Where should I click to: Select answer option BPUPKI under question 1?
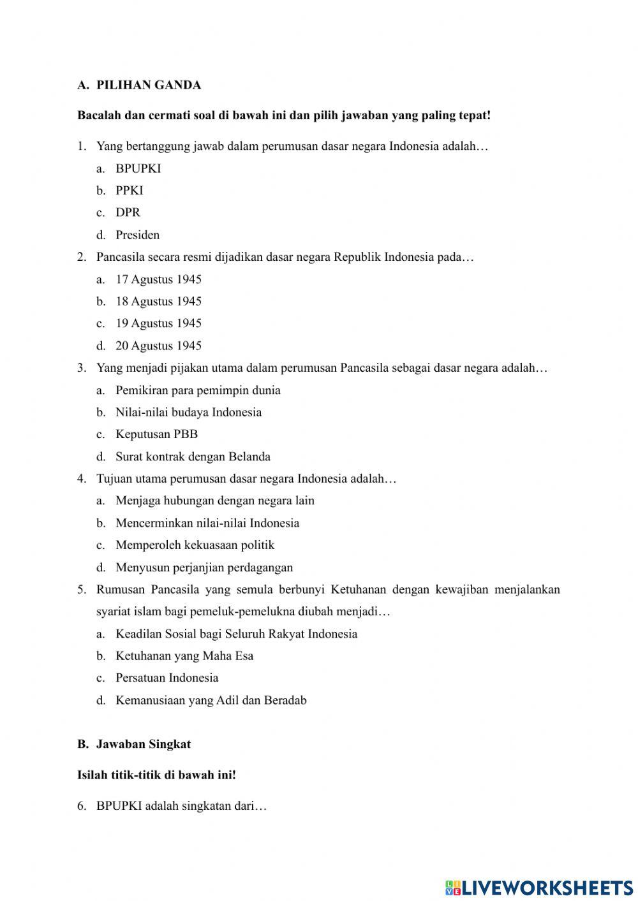tap(138, 168)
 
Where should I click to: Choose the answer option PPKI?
tap(129, 190)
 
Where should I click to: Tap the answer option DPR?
tap(128, 212)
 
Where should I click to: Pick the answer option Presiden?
tap(137, 235)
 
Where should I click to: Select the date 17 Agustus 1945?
tap(158, 279)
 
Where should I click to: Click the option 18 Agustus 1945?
tap(158, 301)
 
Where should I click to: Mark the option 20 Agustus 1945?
tap(158, 346)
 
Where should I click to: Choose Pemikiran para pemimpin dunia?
tap(198, 390)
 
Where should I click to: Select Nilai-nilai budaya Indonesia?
tap(188, 412)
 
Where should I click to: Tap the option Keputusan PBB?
tap(156, 434)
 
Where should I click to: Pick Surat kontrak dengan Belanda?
tap(193, 457)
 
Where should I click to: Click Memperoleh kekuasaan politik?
tap(195, 545)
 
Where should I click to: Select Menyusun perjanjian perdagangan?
tap(204, 568)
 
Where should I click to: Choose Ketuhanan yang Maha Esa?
tap(184, 656)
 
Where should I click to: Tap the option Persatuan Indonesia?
tap(167, 678)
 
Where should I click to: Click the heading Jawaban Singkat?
tap(143, 744)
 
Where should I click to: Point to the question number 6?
tap(82, 806)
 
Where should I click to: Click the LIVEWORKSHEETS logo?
tap(539, 887)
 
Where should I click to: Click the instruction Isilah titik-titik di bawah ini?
tap(156, 775)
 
